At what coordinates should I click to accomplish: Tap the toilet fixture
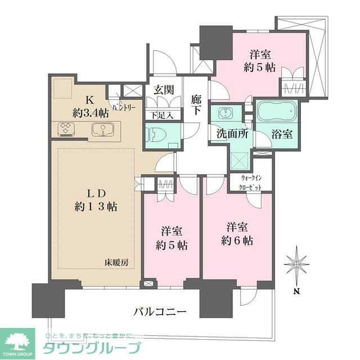click(x=155, y=135)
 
